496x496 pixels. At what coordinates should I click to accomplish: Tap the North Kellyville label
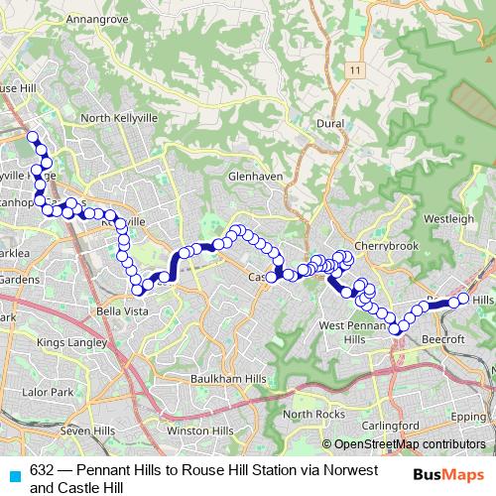tap(120, 118)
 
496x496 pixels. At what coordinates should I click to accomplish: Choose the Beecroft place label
tap(441, 338)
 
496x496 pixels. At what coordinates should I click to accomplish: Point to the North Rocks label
tap(312, 414)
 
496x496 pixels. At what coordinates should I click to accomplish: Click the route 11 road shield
tap(354, 70)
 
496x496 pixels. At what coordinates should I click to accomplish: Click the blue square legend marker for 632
tap(13, 475)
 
